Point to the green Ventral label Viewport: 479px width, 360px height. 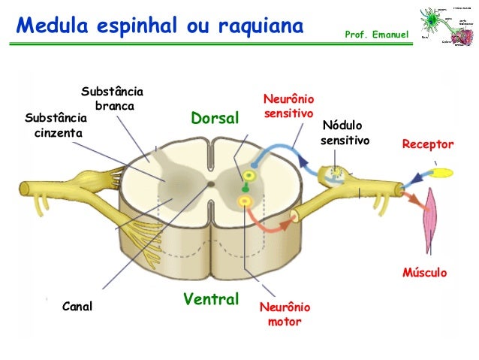click(211, 299)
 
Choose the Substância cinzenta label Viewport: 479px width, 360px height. click(56, 126)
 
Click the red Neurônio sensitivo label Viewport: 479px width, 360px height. click(288, 107)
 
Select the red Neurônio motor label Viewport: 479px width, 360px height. click(284, 314)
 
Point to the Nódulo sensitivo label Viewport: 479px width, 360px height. click(345, 132)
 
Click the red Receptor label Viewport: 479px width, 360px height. click(428, 144)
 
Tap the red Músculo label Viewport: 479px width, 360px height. click(425, 272)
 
